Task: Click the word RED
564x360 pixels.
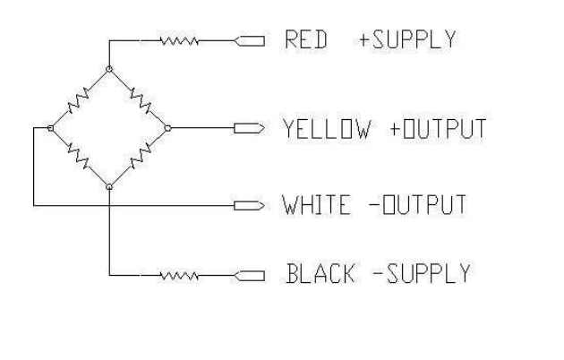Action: coord(304,40)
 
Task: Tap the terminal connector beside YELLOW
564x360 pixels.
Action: coord(248,128)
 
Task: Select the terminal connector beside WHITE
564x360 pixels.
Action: coord(248,205)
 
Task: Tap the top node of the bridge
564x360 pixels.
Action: coord(109,68)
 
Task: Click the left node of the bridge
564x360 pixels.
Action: coord(50,128)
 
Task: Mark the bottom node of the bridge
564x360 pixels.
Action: coord(109,187)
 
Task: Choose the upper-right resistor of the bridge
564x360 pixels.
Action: coord(139,98)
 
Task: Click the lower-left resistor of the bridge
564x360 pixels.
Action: coord(80,158)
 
